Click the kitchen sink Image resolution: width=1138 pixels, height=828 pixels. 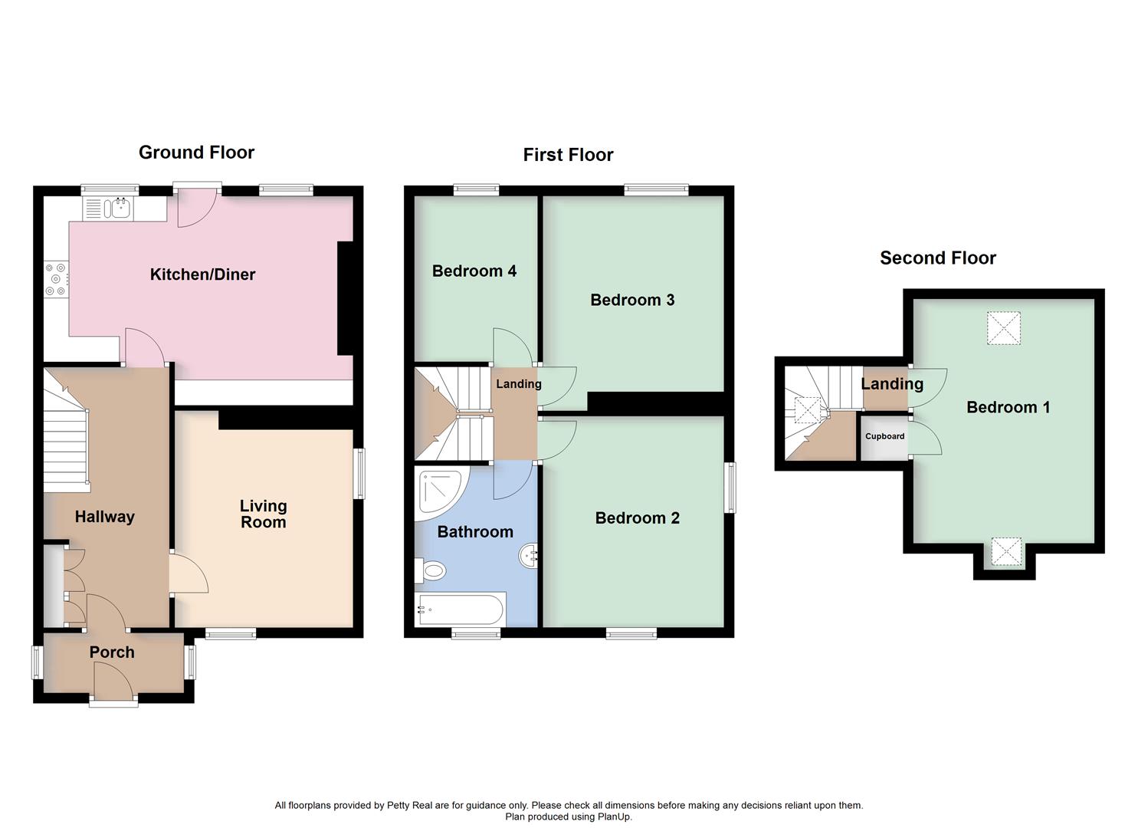coord(120,207)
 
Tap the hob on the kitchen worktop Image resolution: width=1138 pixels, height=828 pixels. coord(57,280)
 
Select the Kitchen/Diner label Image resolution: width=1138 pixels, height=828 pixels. coord(202,274)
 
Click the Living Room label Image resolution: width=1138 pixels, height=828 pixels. coord(263,514)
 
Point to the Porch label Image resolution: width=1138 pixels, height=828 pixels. coord(112,652)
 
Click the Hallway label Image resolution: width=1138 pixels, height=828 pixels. coord(104,517)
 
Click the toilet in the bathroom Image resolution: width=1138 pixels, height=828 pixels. coord(431,570)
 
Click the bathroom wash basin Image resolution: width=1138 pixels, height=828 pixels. coord(529,556)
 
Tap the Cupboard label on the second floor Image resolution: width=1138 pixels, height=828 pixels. coord(884,436)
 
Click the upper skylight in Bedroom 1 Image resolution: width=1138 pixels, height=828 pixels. coord(1004,328)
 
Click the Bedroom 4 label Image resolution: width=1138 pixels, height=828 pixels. coord(474,271)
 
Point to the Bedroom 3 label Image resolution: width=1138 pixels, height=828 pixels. coord(632,300)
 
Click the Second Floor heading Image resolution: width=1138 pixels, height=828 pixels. coord(937,258)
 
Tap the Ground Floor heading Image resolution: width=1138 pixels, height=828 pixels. coord(196,153)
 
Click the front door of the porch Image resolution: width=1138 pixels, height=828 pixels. coord(113,682)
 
